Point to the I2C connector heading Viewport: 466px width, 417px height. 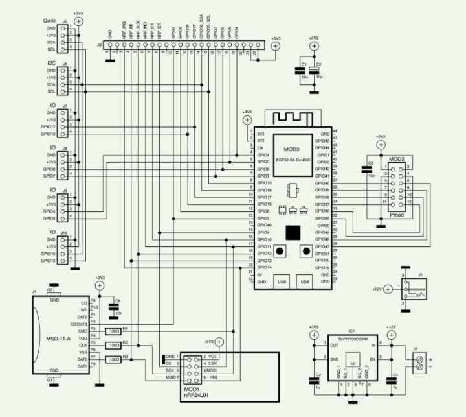point(48,63)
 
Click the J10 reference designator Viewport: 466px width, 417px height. point(63,233)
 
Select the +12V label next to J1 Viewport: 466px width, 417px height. point(380,289)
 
